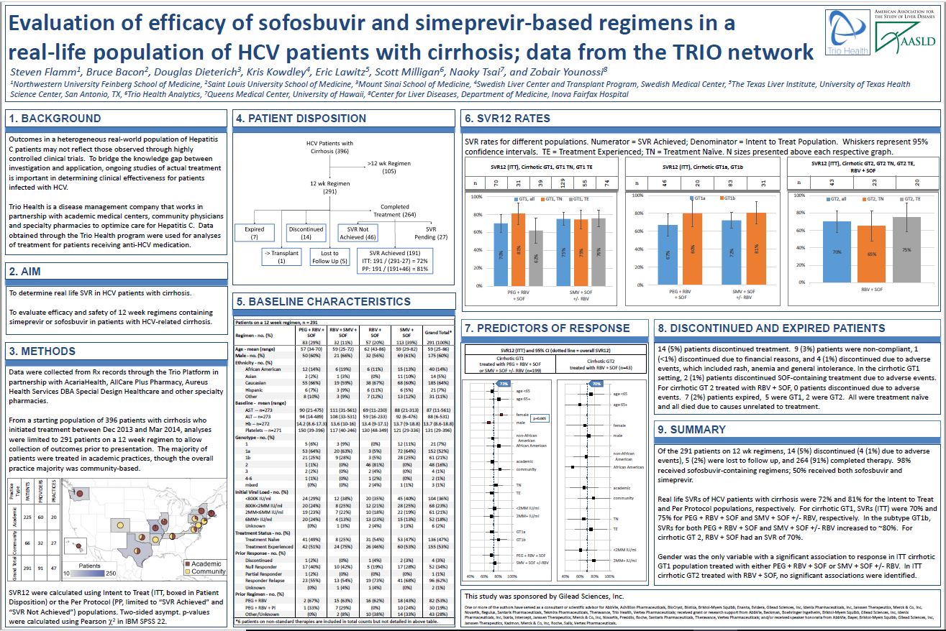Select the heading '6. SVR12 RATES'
[508, 118]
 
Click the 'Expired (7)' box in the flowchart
[255, 233]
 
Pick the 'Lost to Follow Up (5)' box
[329, 257]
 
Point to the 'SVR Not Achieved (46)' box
[357, 233]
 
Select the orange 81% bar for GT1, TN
[518, 249]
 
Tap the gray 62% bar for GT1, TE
[536, 257]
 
